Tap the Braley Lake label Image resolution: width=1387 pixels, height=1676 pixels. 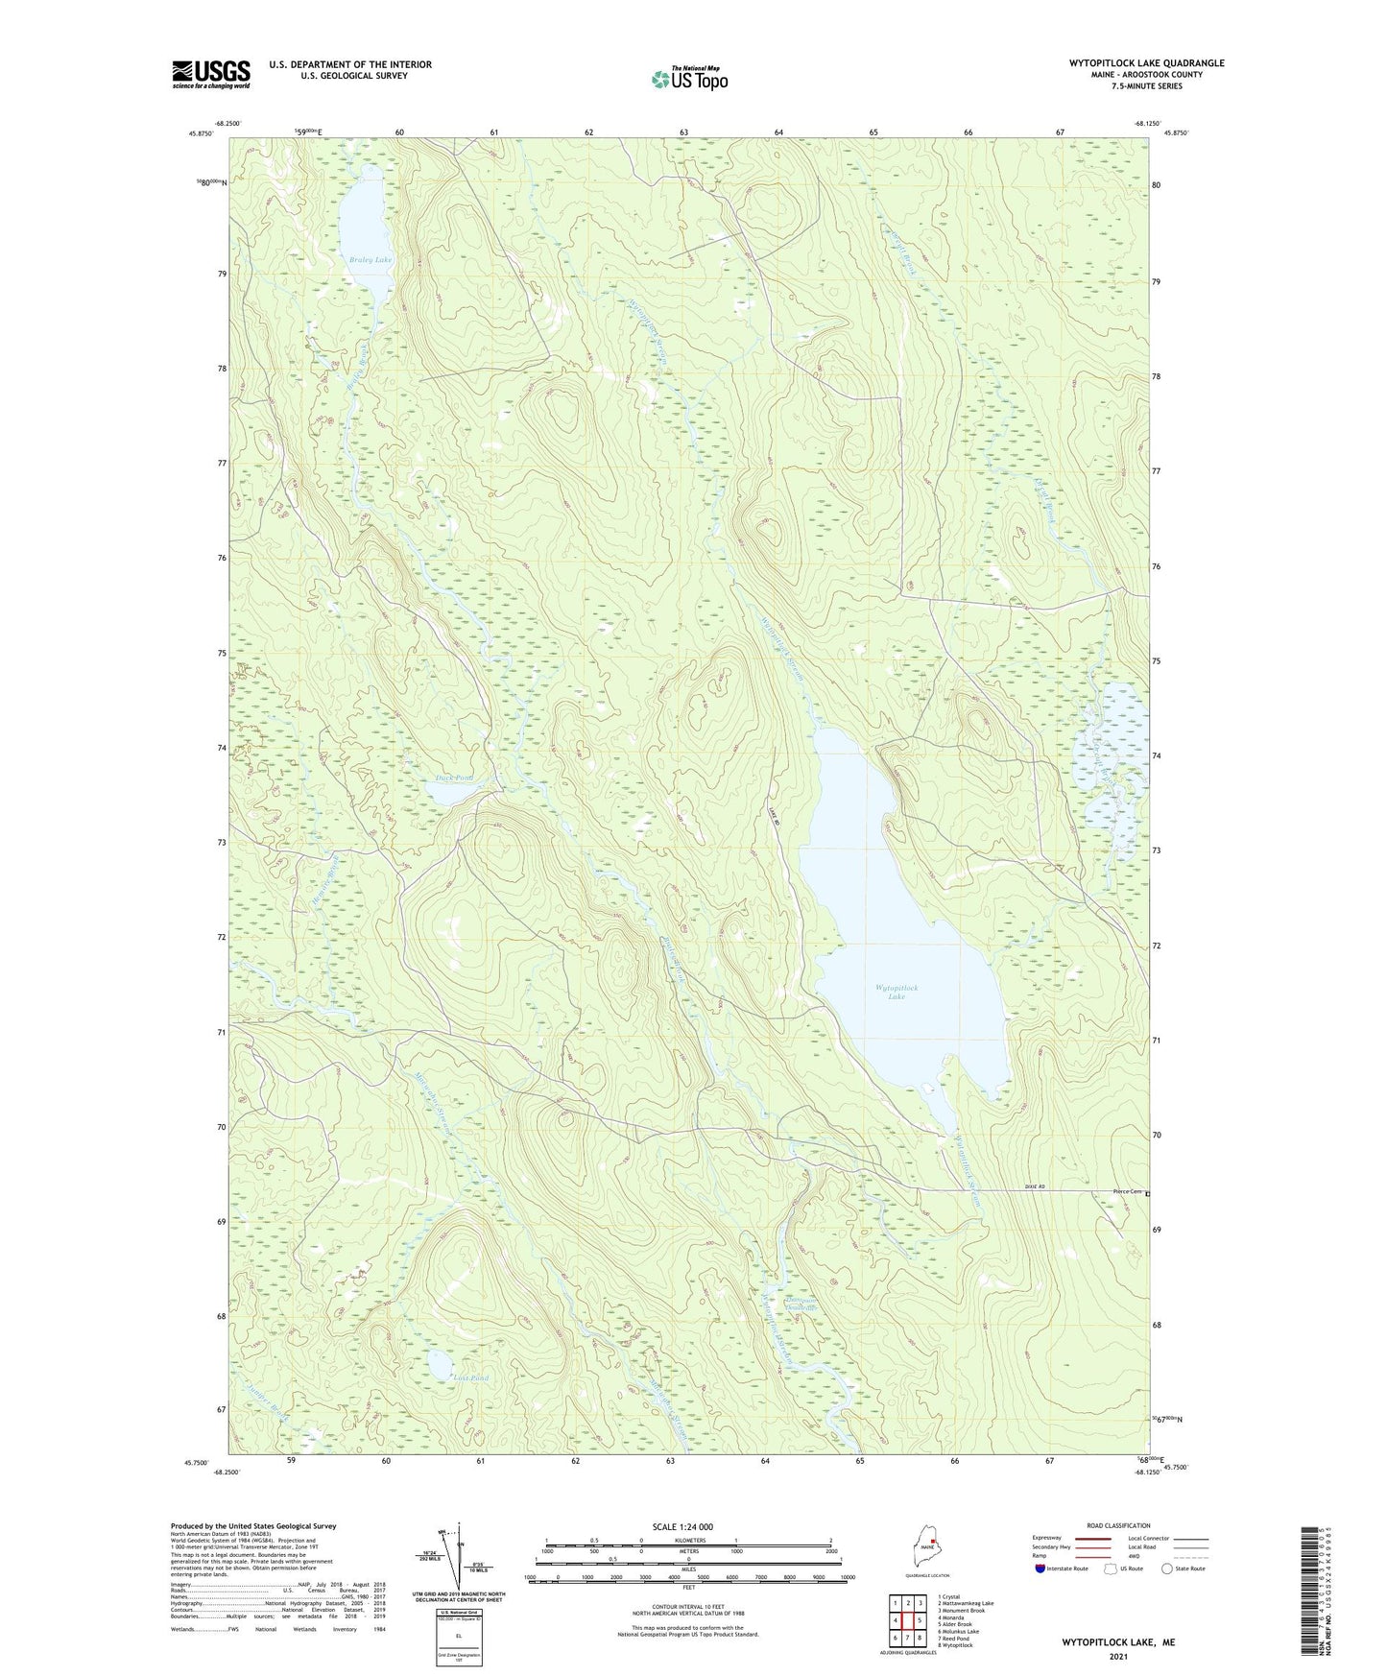tap(371, 260)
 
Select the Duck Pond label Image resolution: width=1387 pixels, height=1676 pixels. tap(453, 778)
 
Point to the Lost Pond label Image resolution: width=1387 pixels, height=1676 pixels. tap(470, 1377)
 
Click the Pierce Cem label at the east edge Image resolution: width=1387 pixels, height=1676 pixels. tap(1127, 1192)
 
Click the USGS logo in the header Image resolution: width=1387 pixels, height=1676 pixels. tap(211, 74)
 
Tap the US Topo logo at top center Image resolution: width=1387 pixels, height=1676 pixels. tap(688, 79)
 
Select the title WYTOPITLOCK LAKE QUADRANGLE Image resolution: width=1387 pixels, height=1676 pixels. tap(1146, 63)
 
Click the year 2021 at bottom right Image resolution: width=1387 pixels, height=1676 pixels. tap(1118, 1657)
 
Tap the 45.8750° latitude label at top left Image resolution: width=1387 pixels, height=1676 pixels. tap(202, 133)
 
